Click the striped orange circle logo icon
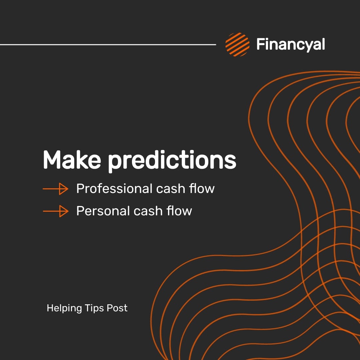pos(237,44)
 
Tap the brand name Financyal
pos(290,44)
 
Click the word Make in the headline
pos(72,160)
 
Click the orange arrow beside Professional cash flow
pos(55,189)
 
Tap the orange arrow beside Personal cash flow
pos(55,211)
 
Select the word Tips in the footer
pos(94,308)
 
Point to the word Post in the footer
pos(117,308)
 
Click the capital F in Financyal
pos(261,44)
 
